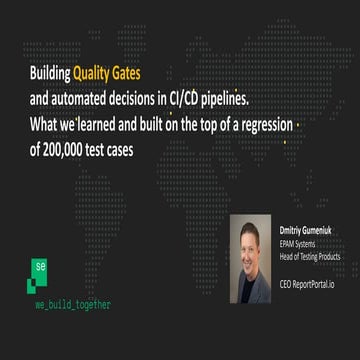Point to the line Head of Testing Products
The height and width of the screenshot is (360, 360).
point(310,256)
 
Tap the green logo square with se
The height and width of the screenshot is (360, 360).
point(39,267)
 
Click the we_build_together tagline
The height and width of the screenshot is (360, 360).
point(73,304)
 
